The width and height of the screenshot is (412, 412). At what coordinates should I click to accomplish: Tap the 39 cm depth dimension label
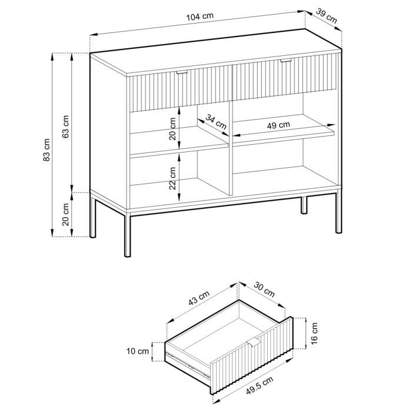point(327,16)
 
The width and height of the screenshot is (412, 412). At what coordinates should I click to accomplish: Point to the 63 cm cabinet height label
point(67,126)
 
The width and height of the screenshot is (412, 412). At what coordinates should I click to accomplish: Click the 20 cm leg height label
point(67,214)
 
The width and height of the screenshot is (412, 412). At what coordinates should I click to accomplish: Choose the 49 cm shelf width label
point(278,125)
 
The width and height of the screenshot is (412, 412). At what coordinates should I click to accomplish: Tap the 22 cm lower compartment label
point(172,176)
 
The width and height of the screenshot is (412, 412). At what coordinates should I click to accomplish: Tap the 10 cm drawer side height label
point(138,351)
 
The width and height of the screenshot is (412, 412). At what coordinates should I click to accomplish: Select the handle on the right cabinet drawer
point(286,61)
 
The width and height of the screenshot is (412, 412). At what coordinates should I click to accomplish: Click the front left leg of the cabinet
point(127,235)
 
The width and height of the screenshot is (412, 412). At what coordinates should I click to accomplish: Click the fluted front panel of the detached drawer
point(253,350)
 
